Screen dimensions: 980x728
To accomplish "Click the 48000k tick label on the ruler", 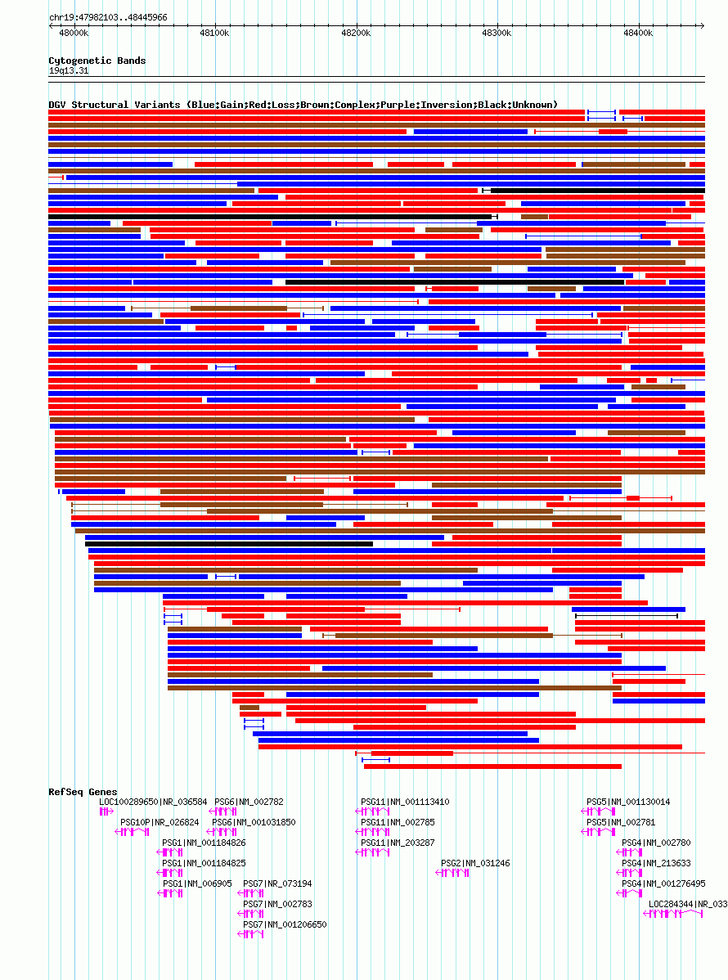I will pyautogui.click(x=74, y=33).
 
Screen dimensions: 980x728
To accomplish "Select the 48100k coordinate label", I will pyautogui.click(x=214, y=33).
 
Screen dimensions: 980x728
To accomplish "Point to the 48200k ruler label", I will pyautogui.click(x=355, y=33).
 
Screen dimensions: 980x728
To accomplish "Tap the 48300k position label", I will pyautogui.click(x=496, y=33).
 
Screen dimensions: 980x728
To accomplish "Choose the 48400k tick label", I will pyautogui.click(x=637, y=33).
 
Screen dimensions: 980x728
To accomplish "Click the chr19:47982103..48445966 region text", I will pyautogui.click(x=108, y=17).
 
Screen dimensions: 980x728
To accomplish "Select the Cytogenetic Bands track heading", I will pyautogui.click(x=97, y=61).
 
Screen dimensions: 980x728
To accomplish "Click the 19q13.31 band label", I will pyautogui.click(x=69, y=70).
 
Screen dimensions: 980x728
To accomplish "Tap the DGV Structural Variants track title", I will pyautogui.click(x=303, y=105).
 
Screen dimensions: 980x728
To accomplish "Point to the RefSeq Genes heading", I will pyautogui.click(x=83, y=792).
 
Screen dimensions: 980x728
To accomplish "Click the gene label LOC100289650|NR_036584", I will pyautogui.click(x=153, y=802).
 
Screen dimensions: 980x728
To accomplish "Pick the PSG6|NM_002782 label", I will pyautogui.click(x=249, y=802).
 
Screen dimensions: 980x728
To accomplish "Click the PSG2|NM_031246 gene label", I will pyautogui.click(x=475, y=863).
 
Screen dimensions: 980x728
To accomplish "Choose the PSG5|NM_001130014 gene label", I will pyautogui.click(x=628, y=802).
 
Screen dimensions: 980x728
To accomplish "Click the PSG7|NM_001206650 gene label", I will pyautogui.click(x=285, y=924).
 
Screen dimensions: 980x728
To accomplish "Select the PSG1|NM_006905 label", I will pyautogui.click(x=197, y=883).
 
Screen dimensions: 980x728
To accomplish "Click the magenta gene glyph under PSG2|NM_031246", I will pyautogui.click(x=452, y=873).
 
